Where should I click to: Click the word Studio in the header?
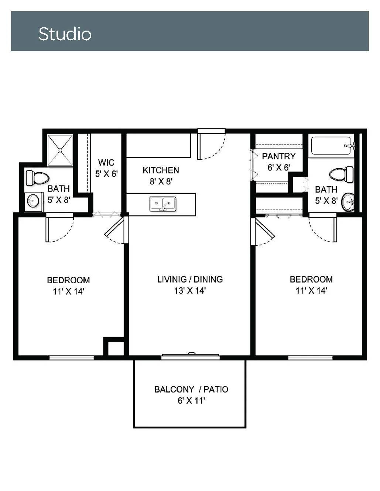[x=65, y=34]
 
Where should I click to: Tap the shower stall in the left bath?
[x=60, y=150]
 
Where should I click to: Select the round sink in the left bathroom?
[x=33, y=200]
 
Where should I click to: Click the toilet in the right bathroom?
[x=341, y=174]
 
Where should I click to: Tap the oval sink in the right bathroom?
[x=348, y=202]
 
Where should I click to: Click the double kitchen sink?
[x=162, y=204]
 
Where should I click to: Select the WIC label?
[x=106, y=162]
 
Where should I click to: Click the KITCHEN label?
[x=161, y=170]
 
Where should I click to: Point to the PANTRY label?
[x=279, y=156]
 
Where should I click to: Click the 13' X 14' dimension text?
[x=190, y=291]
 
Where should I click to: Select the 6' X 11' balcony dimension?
[x=191, y=401]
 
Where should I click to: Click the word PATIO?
[x=216, y=389]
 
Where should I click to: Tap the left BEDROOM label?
[x=68, y=280]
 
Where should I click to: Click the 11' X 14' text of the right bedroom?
[x=311, y=291]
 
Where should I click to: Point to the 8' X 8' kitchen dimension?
[x=161, y=181]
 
